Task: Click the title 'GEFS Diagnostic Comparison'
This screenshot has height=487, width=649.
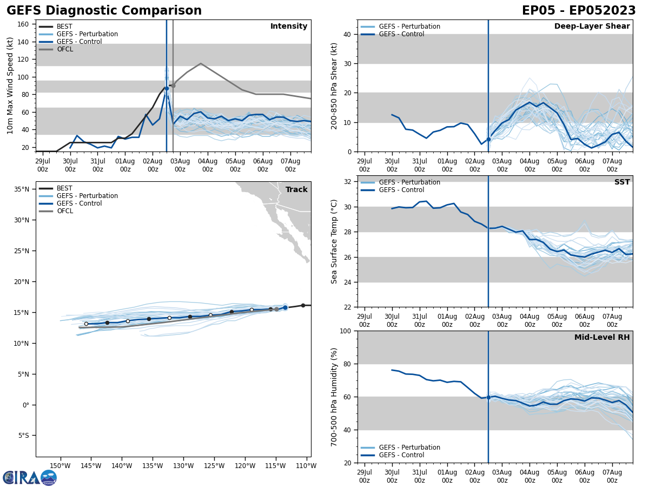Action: (104, 11)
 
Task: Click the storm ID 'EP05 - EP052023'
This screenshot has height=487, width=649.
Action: (579, 11)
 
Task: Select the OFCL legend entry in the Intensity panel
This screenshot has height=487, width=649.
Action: (64, 49)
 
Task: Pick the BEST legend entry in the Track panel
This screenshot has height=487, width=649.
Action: (64, 188)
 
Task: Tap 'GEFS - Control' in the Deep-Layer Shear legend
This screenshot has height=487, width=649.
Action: (401, 34)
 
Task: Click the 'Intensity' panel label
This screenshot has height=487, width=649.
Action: (289, 27)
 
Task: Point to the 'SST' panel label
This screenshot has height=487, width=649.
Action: (622, 182)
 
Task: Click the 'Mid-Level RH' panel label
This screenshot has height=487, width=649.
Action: (602, 338)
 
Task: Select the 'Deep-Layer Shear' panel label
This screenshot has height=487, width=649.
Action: (592, 27)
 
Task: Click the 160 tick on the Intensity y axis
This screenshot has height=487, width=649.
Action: (23, 24)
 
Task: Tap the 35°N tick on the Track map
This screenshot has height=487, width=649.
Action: (21, 189)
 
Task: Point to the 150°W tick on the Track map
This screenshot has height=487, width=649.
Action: (60, 466)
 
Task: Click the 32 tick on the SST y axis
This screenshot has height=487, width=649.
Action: (349, 182)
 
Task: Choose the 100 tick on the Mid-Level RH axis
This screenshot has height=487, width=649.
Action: (347, 331)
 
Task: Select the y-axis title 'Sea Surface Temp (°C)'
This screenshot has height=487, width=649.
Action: (334, 241)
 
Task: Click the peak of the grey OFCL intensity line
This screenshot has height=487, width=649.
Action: (201, 63)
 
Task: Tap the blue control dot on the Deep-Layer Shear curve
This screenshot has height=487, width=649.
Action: (488, 139)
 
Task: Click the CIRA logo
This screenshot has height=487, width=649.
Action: (29, 477)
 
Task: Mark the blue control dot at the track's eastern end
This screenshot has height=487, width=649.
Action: (285, 307)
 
